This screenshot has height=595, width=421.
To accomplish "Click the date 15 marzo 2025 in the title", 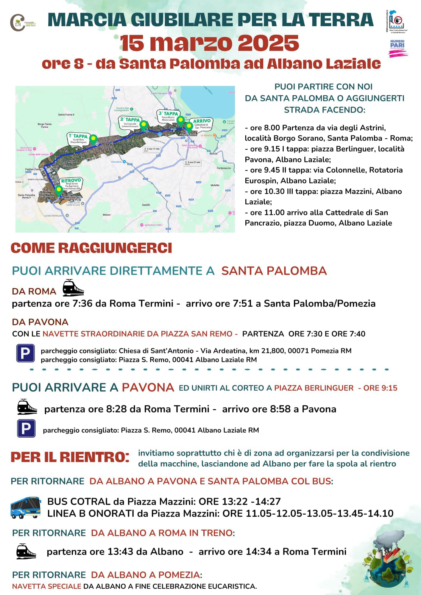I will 209,43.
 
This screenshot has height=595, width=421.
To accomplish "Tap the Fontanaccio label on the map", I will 224,168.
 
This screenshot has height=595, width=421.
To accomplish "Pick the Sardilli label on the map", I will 146,205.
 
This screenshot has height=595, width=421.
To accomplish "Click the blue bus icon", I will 26,507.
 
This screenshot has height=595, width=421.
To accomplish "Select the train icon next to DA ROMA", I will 73,288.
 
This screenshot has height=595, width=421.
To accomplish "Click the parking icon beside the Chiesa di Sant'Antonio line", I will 25,353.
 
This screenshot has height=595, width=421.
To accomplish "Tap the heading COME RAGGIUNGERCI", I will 91,248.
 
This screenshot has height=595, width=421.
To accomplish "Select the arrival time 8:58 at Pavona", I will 280,409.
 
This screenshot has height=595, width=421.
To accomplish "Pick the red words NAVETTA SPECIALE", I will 47,586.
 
